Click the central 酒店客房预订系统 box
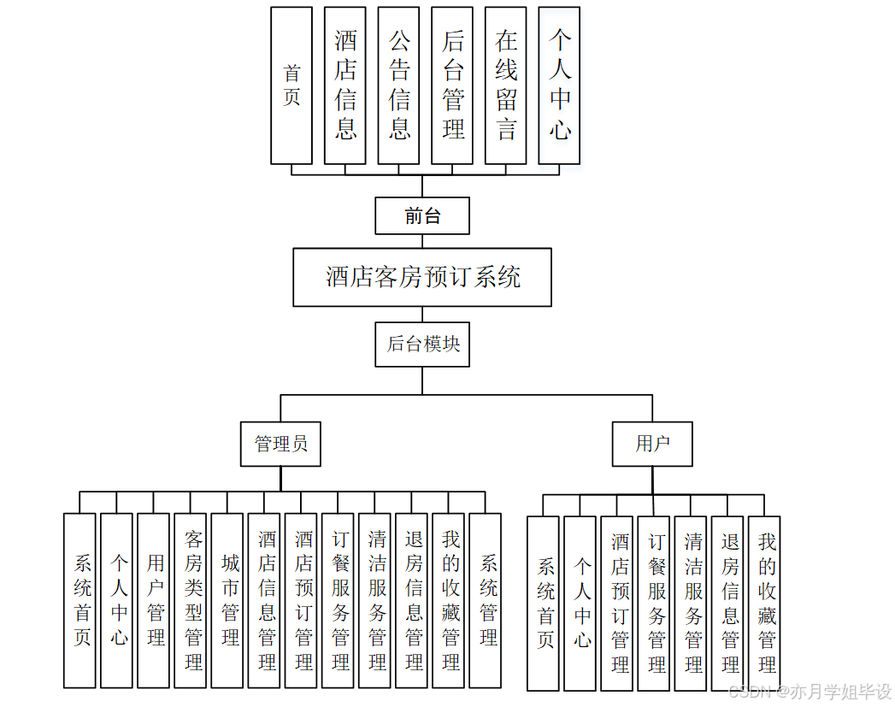coord(422,277)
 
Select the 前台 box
coord(422,215)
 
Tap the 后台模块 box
coord(422,344)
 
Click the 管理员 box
coord(280,444)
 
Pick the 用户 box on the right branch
coord(652,444)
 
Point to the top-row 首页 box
coord(291,85)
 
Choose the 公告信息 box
coord(398,85)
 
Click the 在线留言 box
coord(505,85)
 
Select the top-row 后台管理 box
coord(452,85)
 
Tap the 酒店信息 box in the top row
coord(345,85)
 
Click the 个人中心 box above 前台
coord(559,85)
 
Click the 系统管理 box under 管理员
coord(485,600)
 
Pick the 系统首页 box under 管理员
coord(79,600)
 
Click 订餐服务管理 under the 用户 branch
coord(654,603)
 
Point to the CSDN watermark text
coord(804,691)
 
